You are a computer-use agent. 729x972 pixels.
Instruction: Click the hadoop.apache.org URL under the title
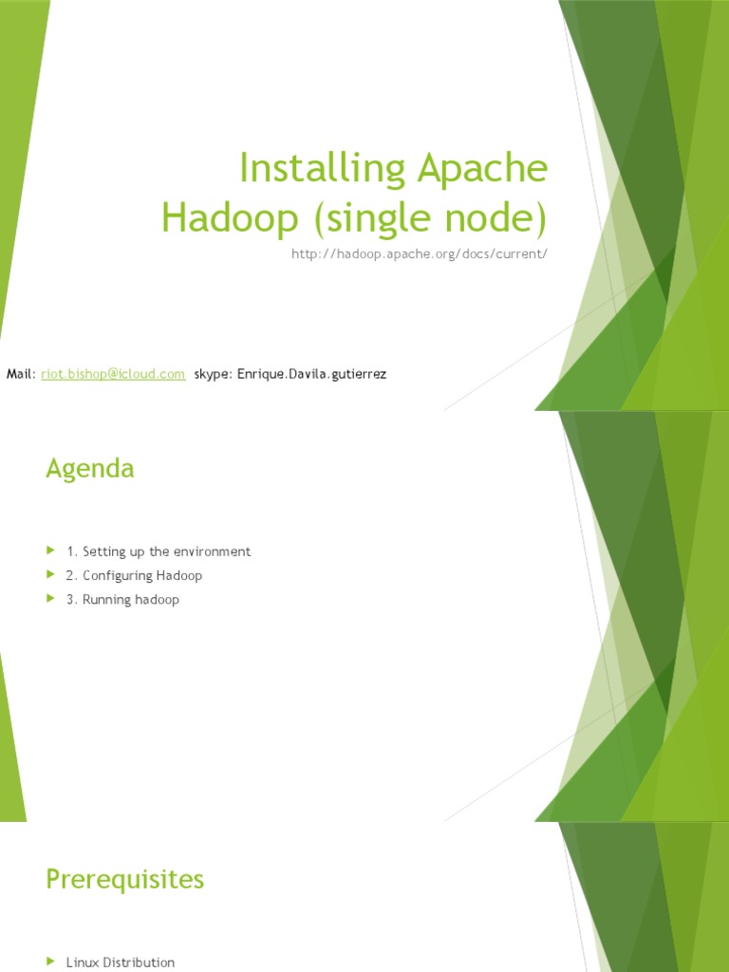coord(420,254)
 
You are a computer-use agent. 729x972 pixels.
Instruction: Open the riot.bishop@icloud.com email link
coord(113,374)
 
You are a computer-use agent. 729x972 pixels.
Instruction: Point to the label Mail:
coord(21,374)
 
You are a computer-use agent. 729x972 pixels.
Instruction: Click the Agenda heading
coord(90,468)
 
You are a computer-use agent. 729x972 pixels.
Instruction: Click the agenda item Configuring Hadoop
coord(141,575)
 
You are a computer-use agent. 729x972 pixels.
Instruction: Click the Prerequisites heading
coord(124,879)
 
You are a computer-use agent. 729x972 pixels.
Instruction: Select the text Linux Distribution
coord(121,963)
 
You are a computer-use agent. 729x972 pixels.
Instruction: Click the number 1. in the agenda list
coord(72,551)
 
